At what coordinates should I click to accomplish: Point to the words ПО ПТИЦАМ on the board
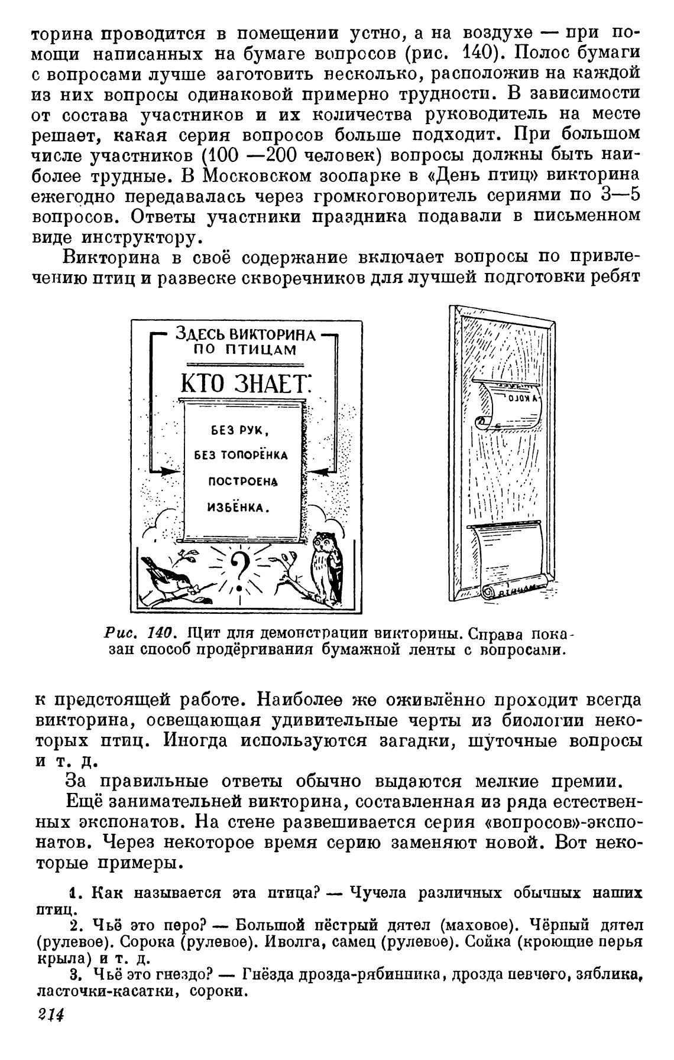coord(245,350)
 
